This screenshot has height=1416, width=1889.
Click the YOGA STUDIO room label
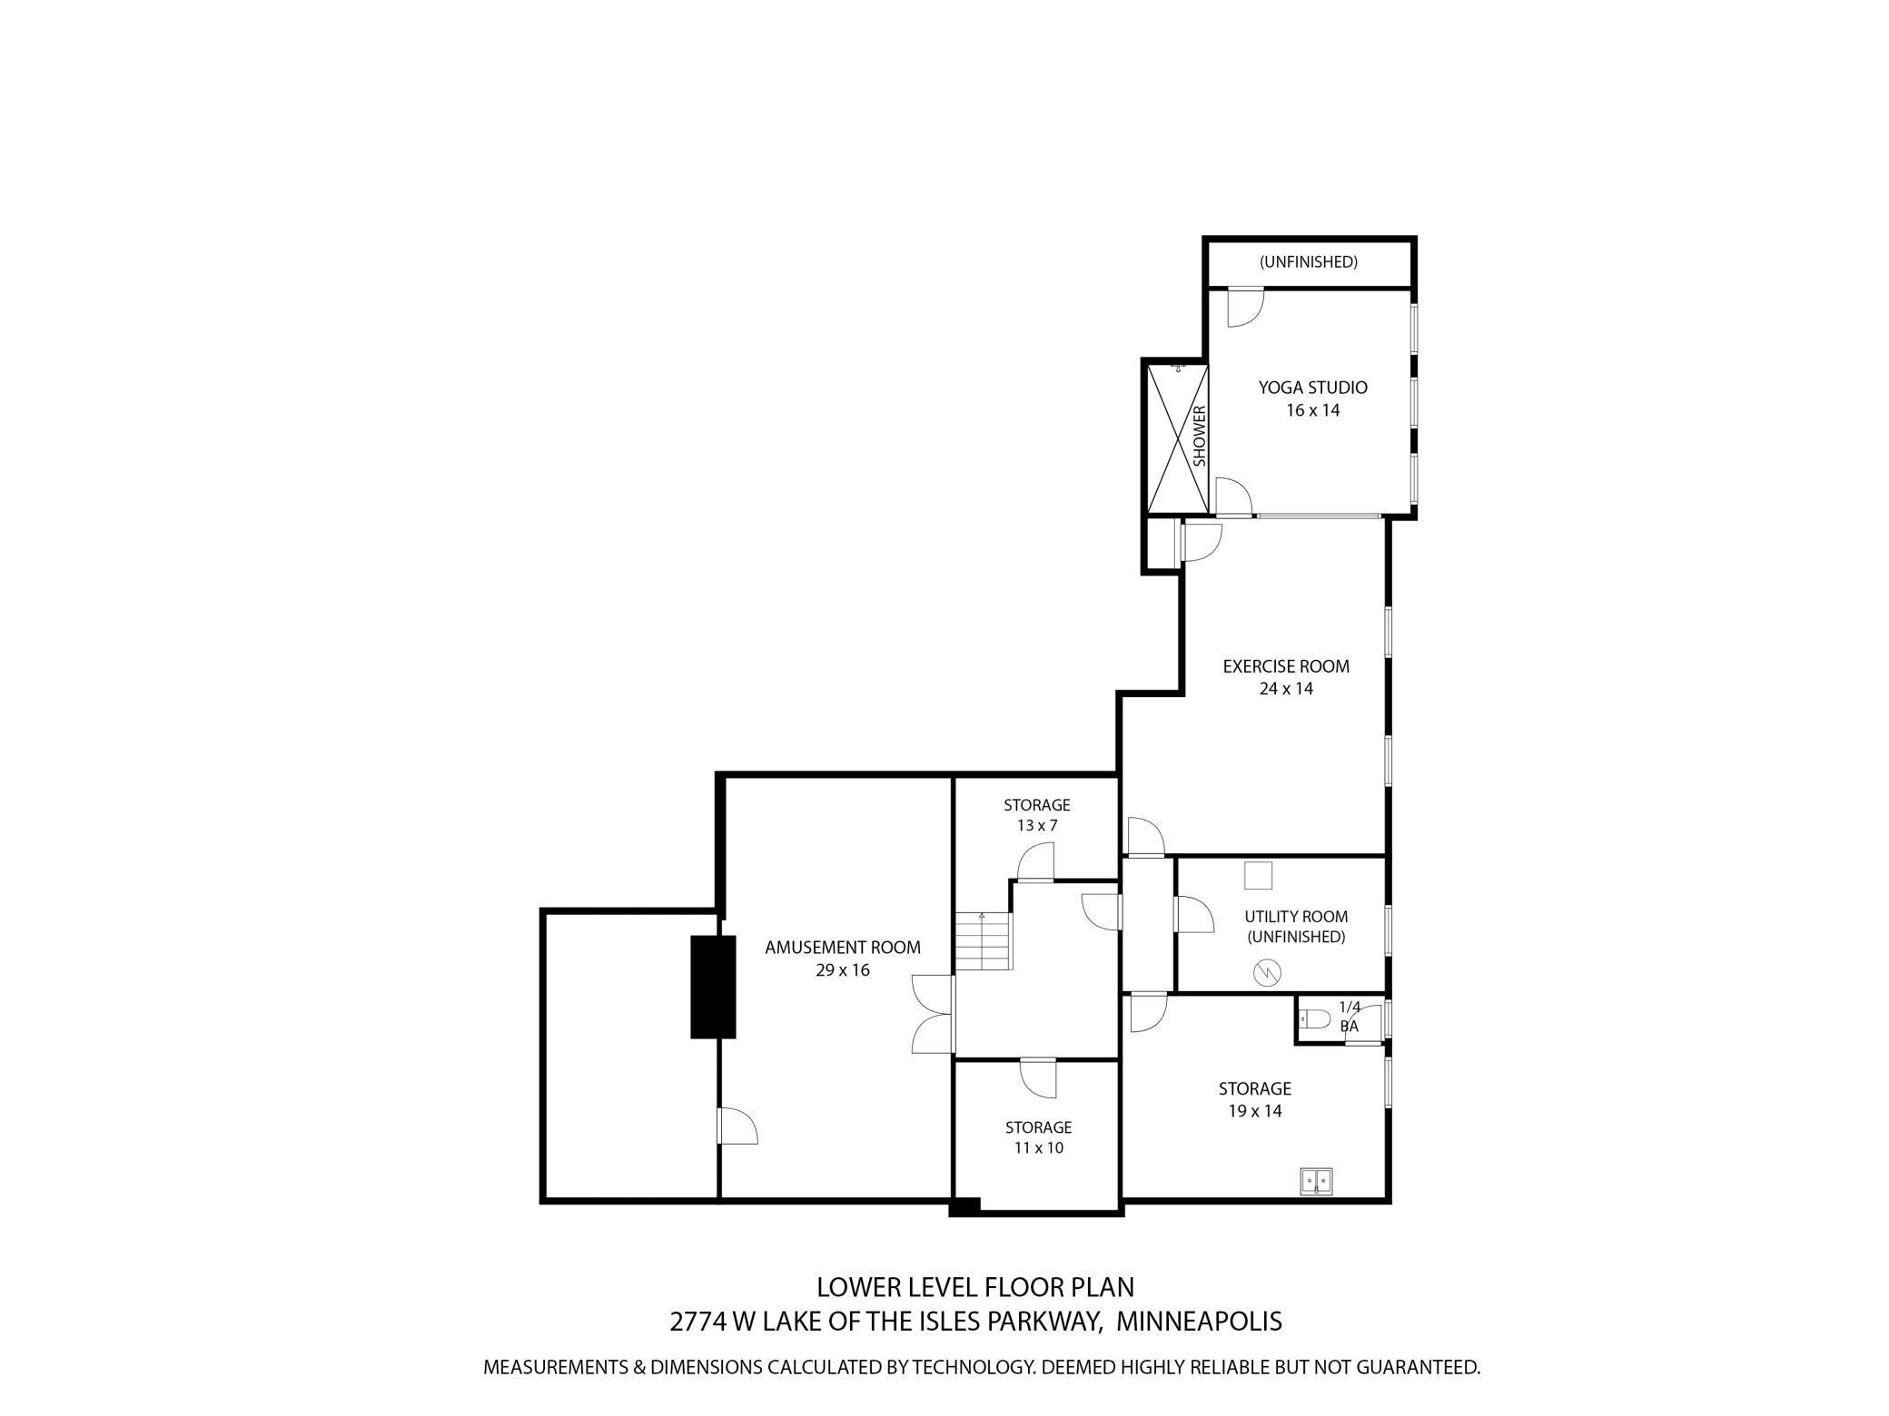pyautogui.click(x=1312, y=388)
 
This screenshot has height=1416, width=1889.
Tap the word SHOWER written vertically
pyautogui.click(x=1199, y=437)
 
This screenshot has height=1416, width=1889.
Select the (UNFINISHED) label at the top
pyautogui.click(x=1308, y=262)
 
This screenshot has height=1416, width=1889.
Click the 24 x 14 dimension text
pyautogui.click(x=1285, y=689)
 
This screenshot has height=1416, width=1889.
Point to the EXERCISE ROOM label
pyautogui.click(x=1285, y=666)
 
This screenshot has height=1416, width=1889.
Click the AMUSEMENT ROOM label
pyautogui.click(x=842, y=948)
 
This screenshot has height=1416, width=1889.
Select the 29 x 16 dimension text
pyautogui.click(x=842, y=970)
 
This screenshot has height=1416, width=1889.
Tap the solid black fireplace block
pyautogui.click(x=713, y=987)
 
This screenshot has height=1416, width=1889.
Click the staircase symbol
pyautogui.click(x=983, y=941)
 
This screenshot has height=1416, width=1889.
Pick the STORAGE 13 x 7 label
pyautogui.click(x=1036, y=815)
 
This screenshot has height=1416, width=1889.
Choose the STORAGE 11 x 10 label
pyautogui.click(x=1038, y=1137)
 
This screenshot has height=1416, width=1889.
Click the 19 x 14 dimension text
pyautogui.click(x=1254, y=1111)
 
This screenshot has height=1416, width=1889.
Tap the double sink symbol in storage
pyautogui.click(x=1315, y=1180)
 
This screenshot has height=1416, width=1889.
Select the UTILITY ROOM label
pyautogui.click(x=1295, y=917)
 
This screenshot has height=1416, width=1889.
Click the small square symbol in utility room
pyautogui.click(x=1258, y=876)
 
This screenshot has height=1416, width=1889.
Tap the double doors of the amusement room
pyautogui.click(x=934, y=1014)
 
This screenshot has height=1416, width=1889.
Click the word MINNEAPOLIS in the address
pyautogui.click(x=1198, y=1321)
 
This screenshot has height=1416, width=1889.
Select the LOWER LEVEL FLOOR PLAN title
pyautogui.click(x=974, y=1287)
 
